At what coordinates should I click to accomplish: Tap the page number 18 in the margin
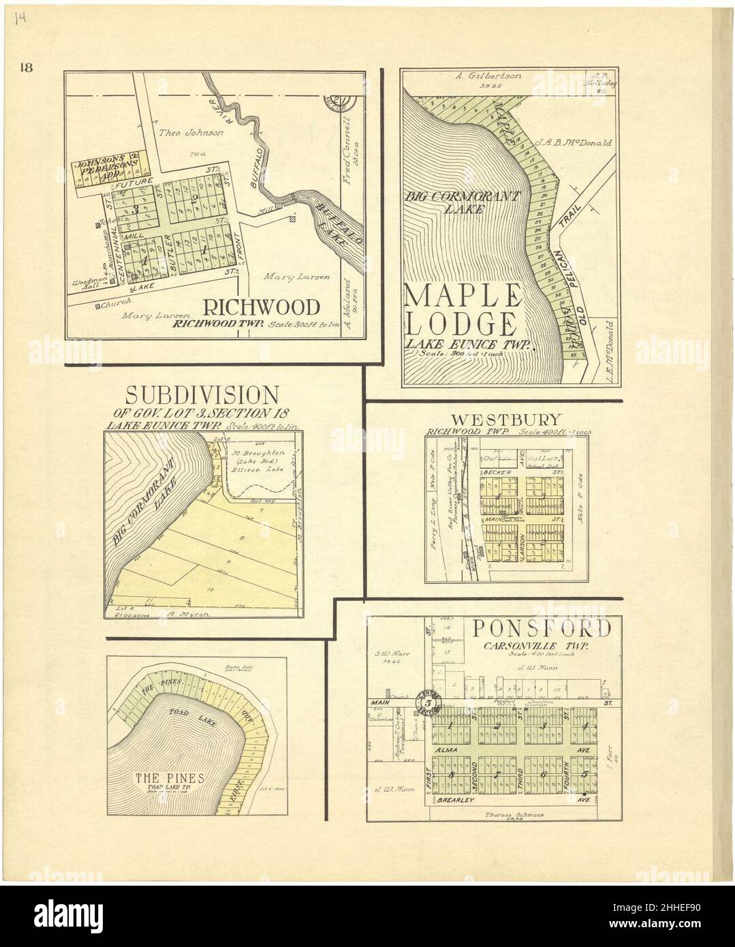point(27,67)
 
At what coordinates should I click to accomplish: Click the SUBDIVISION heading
point(202,395)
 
